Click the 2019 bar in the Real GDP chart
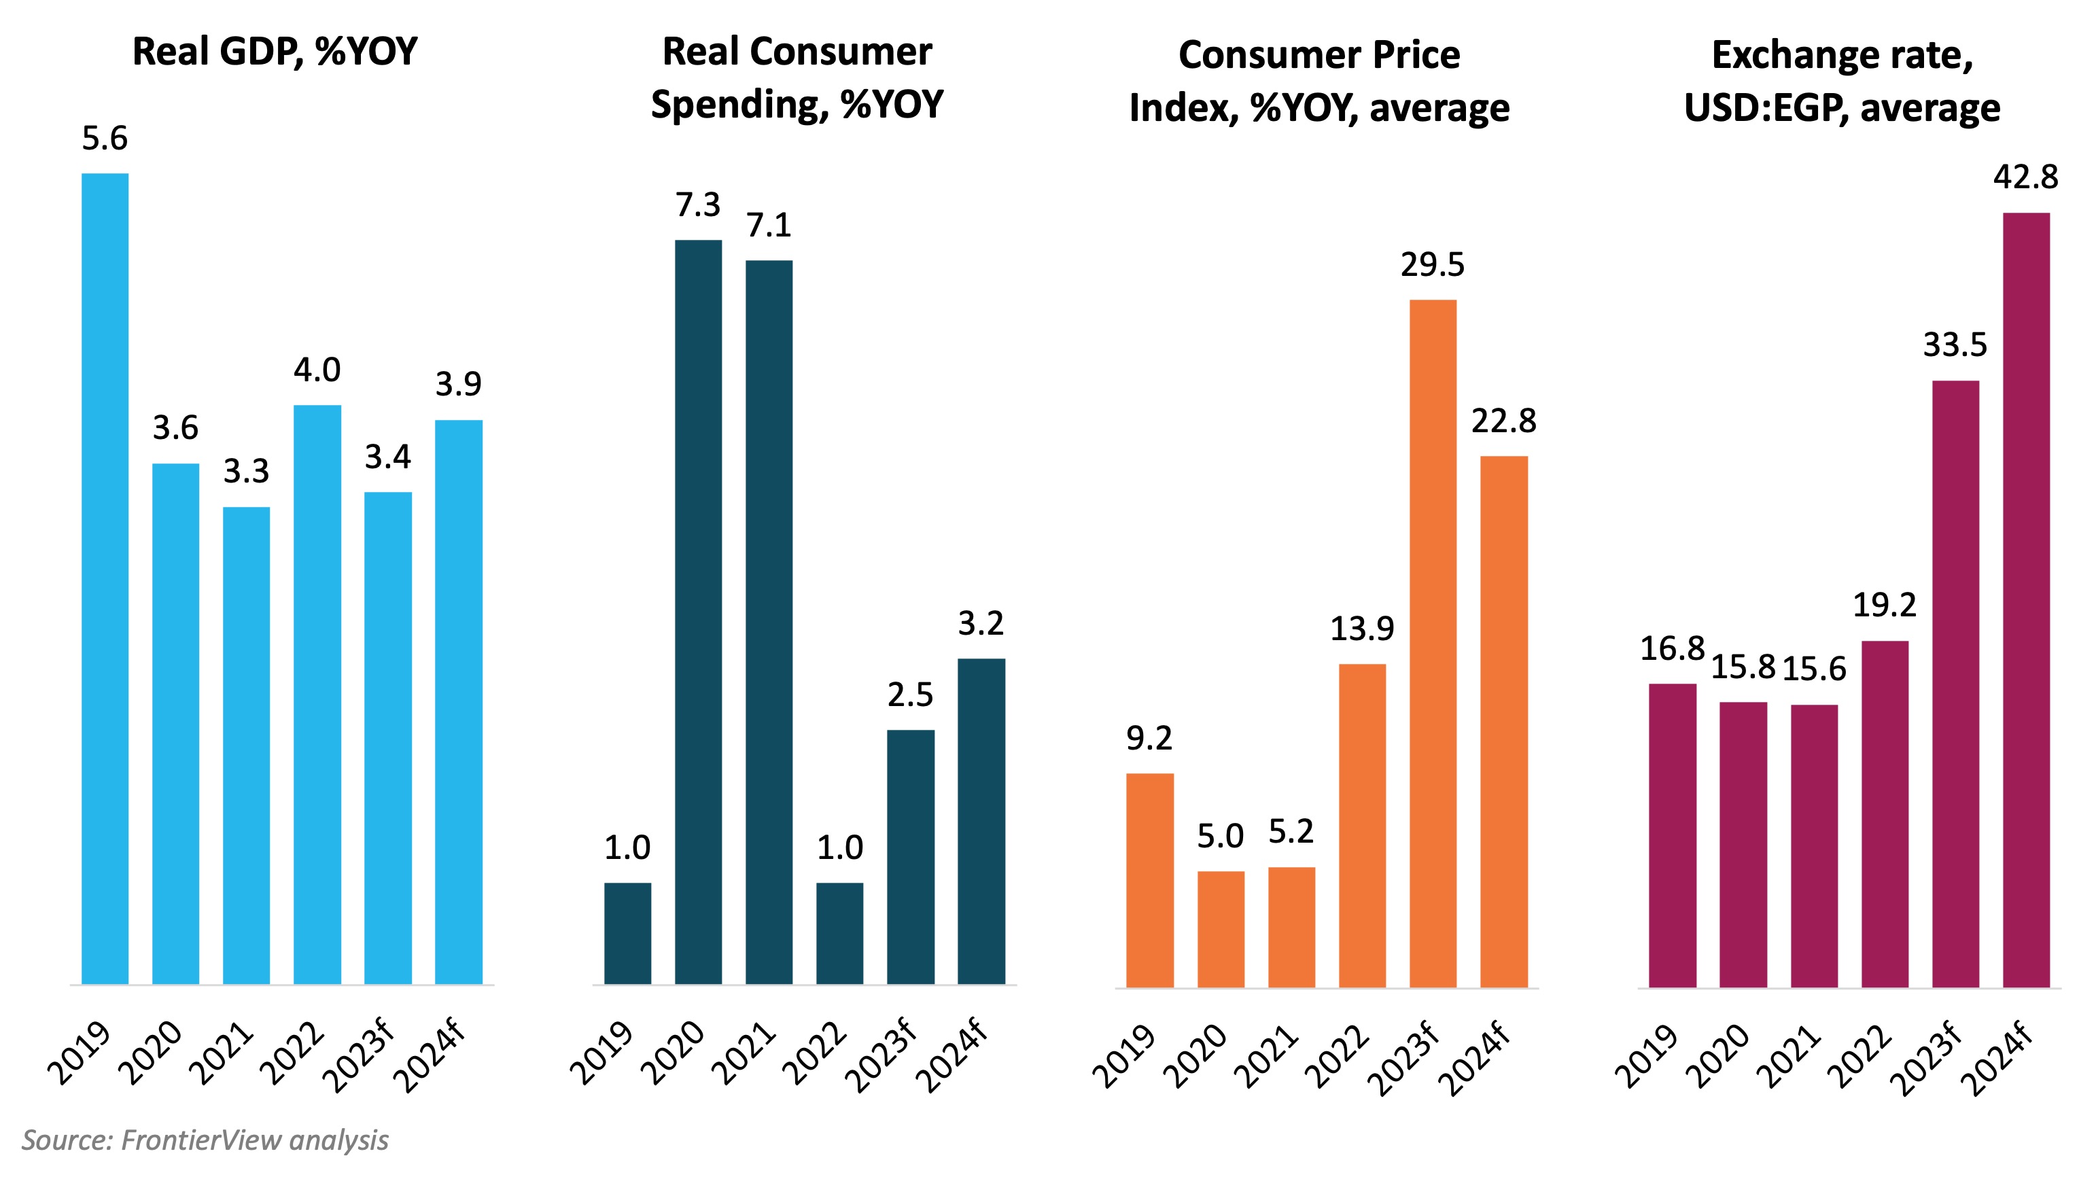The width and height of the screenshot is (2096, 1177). (105, 578)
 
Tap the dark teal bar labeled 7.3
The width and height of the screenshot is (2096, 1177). (698, 612)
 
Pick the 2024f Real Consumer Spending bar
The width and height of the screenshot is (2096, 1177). (981, 822)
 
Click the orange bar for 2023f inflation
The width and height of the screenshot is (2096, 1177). (1433, 643)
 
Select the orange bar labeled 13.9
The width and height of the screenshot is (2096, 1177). (1362, 825)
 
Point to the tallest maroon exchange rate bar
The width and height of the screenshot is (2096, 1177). (2026, 600)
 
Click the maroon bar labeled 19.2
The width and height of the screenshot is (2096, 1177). (1885, 813)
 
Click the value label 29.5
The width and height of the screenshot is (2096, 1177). (1432, 265)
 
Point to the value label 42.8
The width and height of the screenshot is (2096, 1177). (2025, 177)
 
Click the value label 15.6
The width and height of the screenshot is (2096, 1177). (1814, 669)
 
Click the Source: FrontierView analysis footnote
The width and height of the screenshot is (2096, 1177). (205, 1140)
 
